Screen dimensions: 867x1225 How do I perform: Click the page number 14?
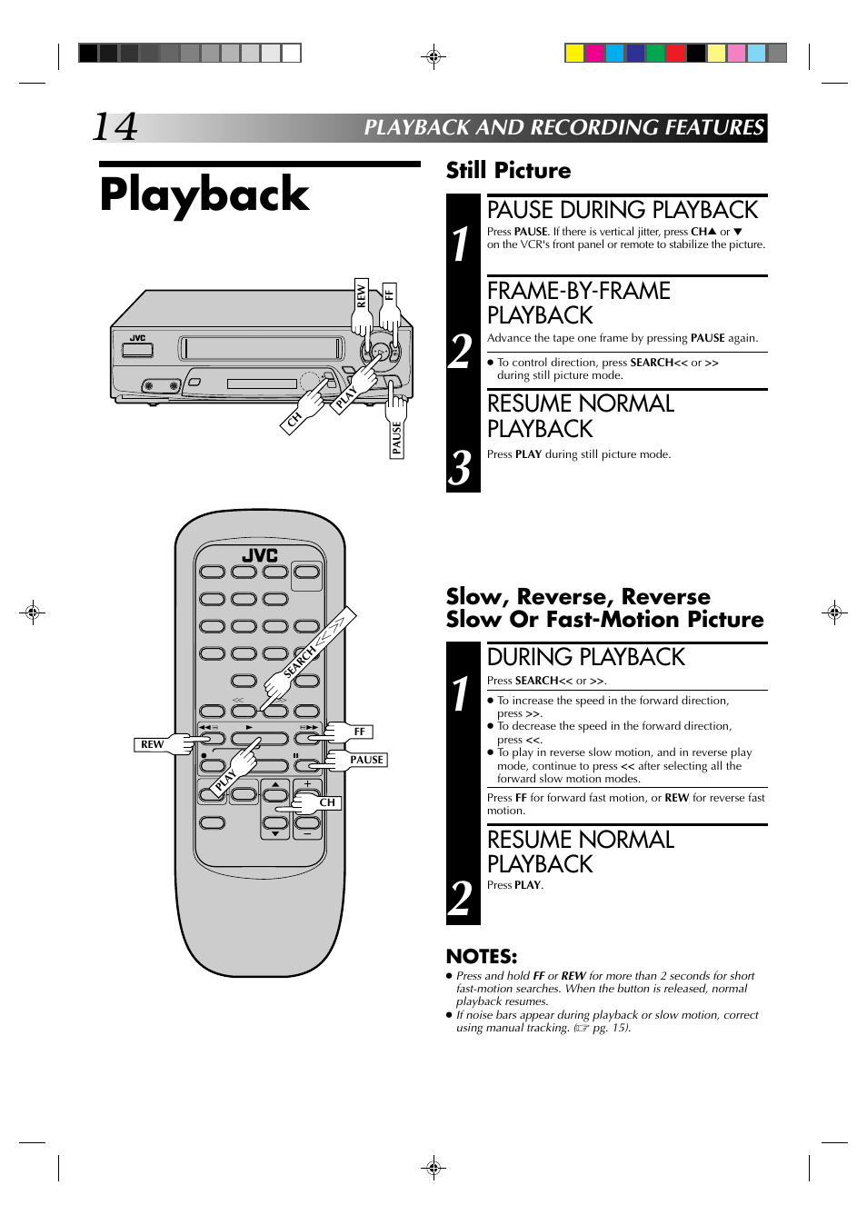pyautogui.click(x=115, y=127)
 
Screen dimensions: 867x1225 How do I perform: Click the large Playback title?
pyautogui.click(x=204, y=195)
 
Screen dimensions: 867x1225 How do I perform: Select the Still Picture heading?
pyautogui.click(x=508, y=170)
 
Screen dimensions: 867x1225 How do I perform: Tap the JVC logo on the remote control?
pyautogui.click(x=260, y=555)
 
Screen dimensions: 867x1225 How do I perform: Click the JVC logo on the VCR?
pyautogui.click(x=137, y=338)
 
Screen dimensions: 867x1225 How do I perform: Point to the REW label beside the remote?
pyautogui.click(x=152, y=744)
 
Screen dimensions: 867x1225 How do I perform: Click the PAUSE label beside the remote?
pyautogui.click(x=366, y=760)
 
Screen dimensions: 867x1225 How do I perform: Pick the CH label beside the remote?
pyautogui.click(x=327, y=802)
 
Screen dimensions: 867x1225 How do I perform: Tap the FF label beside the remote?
pyautogui.click(x=359, y=732)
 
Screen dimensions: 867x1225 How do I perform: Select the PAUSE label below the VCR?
pyautogui.click(x=396, y=438)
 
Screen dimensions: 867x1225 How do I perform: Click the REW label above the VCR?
pyautogui.click(x=361, y=296)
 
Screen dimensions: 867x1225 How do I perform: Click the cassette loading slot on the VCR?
pyautogui.click(x=262, y=348)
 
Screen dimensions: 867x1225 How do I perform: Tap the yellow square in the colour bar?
pyautogui.click(x=574, y=53)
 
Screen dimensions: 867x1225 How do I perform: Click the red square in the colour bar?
pyautogui.click(x=675, y=53)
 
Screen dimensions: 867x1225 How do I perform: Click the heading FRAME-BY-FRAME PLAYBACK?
pyautogui.click(x=578, y=303)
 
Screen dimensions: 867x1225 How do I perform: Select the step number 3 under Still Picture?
pyautogui.click(x=460, y=468)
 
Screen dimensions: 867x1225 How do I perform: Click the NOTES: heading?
pyautogui.click(x=482, y=956)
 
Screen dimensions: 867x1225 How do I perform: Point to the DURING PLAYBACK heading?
pyautogui.click(x=585, y=657)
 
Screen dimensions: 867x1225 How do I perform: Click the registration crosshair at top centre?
pyautogui.click(x=433, y=55)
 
